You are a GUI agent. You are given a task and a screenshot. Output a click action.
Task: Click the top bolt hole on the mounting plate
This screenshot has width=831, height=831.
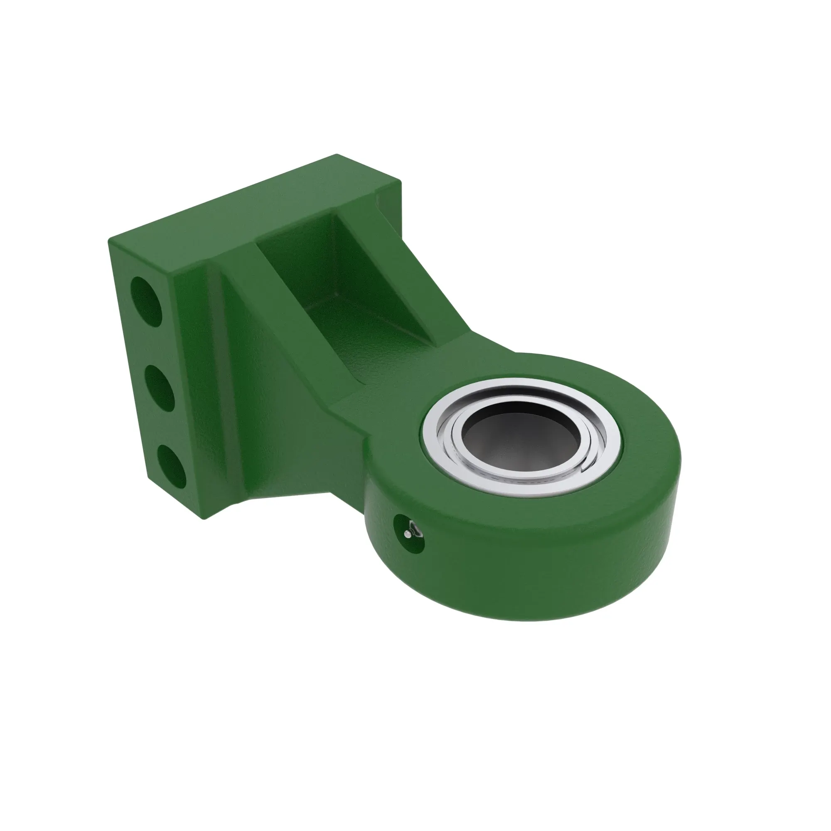(147, 301)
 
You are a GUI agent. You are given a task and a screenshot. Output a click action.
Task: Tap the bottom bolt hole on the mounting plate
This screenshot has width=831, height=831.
(171, 466)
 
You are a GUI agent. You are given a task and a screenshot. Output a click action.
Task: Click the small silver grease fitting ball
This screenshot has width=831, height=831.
(407, 534)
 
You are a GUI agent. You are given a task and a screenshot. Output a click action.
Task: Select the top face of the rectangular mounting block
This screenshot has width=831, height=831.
(241, 207)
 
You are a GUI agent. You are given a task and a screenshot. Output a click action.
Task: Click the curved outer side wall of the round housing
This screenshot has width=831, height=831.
(538, 576)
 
